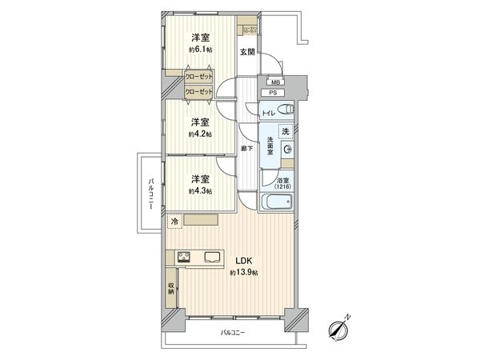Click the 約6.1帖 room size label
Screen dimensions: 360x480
(200, 49)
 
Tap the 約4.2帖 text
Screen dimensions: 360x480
(200, 134)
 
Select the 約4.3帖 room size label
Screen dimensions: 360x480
(200, 191)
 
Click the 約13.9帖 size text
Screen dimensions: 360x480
(244, 274)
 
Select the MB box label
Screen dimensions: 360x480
(275, 82)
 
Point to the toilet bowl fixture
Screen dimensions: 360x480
(287, 110)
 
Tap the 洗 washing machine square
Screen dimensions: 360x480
(285, 131)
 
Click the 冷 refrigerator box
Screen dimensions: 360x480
(174, 221)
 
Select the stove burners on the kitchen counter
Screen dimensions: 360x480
(183, 258)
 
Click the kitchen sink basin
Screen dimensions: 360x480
(213, 258)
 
